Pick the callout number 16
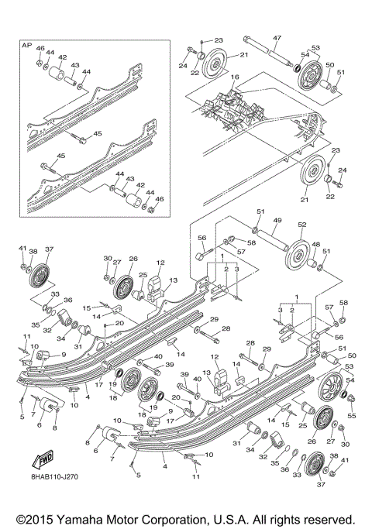234,77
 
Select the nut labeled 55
350,400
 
